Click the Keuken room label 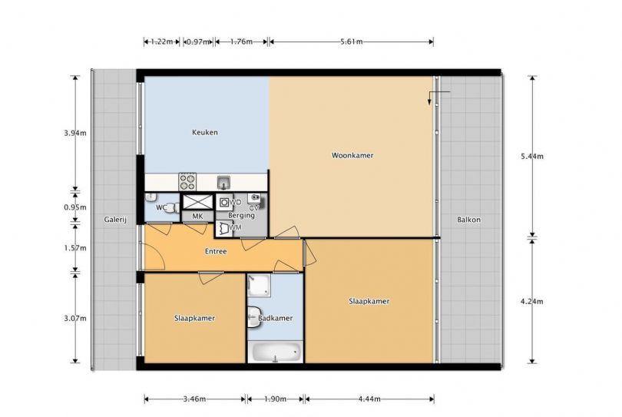click(205, 133)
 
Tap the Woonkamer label click(352, 156)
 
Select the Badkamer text click(276, 318)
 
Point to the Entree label click(216, 252)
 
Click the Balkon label click(468, 220)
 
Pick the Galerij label click(115, 220)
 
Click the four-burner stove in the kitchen click(187, 182)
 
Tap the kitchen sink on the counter click(223, 183)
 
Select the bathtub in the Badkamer click(276, 352)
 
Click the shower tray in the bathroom click(259, 286)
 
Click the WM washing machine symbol click(223, 229)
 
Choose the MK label click(197, 217)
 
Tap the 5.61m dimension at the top click(352, 41)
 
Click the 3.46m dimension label click(195, 399)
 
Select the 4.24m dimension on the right click(532, 302)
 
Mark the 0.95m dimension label click(75, 207)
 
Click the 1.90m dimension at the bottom click(276, 399)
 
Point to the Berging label click(241, 216)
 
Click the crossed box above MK click(197, 202)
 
